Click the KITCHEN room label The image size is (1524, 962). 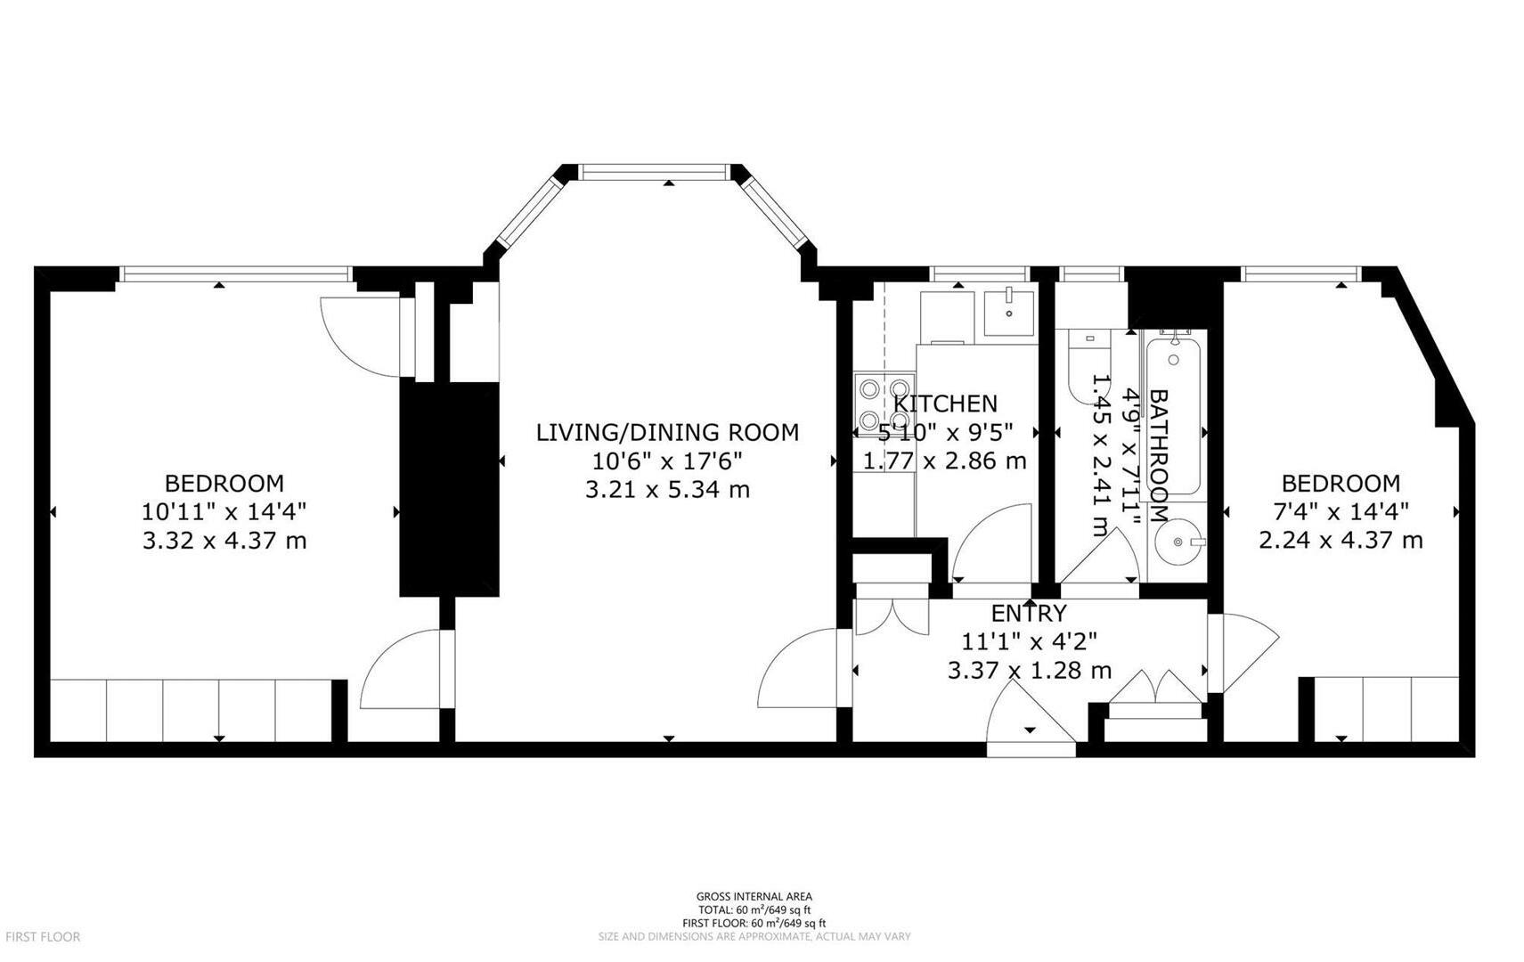pos(945,404)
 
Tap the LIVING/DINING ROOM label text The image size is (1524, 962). pos(667,433)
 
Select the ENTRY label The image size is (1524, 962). pos(1029,614)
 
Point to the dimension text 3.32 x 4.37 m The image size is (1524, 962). pos(224,541)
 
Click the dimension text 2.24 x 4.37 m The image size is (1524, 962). pos(1341,541)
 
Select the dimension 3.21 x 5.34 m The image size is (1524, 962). pos(667,490)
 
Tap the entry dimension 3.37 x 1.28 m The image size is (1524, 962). pos(1029,671)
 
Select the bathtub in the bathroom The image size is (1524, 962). pos(1174,414)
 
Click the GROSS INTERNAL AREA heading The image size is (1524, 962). pos(754,897)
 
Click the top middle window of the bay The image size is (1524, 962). pos(655,171)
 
